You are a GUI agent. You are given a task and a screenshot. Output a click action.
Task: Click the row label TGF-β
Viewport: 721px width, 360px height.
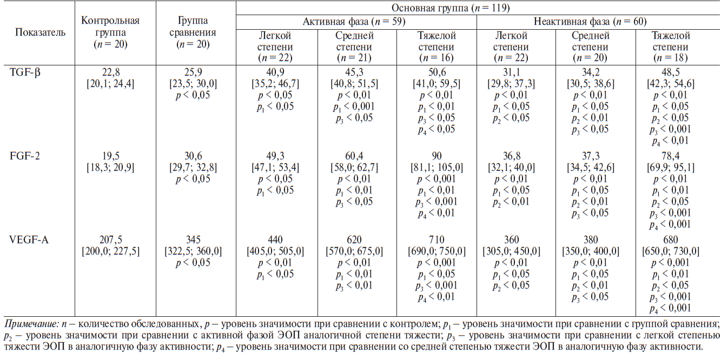click(24, 72)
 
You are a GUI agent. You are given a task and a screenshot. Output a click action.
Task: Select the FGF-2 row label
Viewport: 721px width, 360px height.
click(24, 156)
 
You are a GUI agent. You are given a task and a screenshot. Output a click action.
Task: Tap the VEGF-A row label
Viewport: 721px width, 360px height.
click(28, 240)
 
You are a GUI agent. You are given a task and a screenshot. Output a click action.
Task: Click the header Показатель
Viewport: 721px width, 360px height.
click(40, 32)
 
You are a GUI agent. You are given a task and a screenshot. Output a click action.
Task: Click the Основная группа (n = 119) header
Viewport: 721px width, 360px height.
click(478, 8)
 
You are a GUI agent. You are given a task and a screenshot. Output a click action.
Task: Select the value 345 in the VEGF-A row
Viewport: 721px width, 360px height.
click(196, 240)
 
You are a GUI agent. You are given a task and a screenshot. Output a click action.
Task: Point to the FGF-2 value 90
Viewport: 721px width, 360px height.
click(436, 156)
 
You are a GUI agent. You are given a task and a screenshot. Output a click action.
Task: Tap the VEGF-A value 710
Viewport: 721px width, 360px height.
click(436, 240)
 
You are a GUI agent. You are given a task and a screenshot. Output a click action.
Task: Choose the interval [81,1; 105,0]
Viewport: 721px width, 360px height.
click(436, 168)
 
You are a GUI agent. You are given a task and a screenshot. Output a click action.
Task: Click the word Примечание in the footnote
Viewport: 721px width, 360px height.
click(27, 324)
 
